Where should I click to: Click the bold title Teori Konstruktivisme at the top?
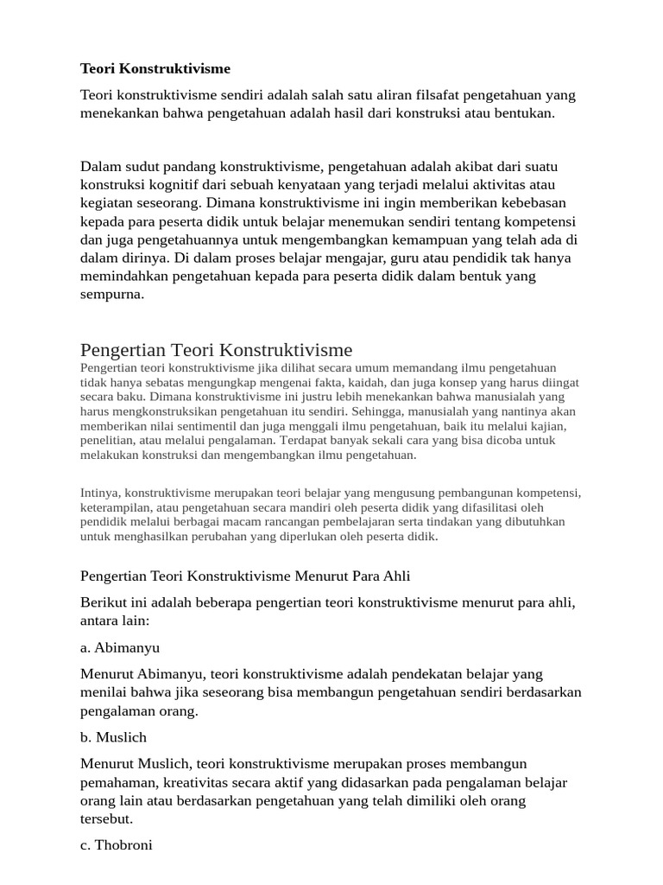click(x=155, y=68)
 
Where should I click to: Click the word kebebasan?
click(x=531, y=203)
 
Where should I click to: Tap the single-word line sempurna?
click(x=112, y=294)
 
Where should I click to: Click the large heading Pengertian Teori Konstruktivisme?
click(x=216, y=349)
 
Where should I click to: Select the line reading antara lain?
click(x=114, y=620)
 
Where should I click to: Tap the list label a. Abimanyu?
click(x=120, y=647)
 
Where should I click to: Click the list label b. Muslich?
click(x=114, y=737)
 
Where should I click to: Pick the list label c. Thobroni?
click(x=117, y=845)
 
